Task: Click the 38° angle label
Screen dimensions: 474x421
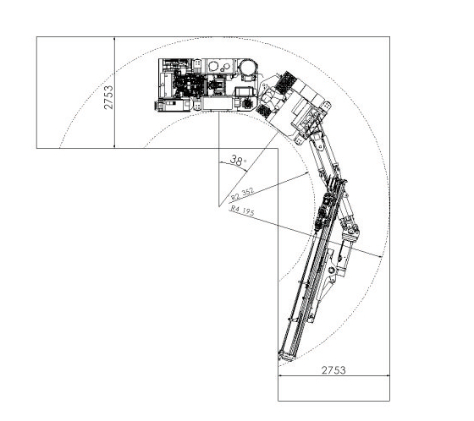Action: tap(238, 160)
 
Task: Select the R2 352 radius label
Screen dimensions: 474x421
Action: tap(241, 194)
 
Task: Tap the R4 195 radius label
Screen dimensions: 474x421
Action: tap(242, 210)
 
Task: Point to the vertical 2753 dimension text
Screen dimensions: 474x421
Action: tap(108, 97)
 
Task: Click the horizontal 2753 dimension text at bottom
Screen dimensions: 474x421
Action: tap(333, 370)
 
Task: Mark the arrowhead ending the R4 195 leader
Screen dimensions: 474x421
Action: tap(379, 256)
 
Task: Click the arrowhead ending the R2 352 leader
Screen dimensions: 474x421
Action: tap(306, 173)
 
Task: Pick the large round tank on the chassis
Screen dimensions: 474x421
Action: tap(248, 68)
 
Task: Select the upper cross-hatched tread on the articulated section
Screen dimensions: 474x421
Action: tap(286, 82)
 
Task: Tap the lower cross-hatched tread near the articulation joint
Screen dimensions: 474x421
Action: tap(264, 111)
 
